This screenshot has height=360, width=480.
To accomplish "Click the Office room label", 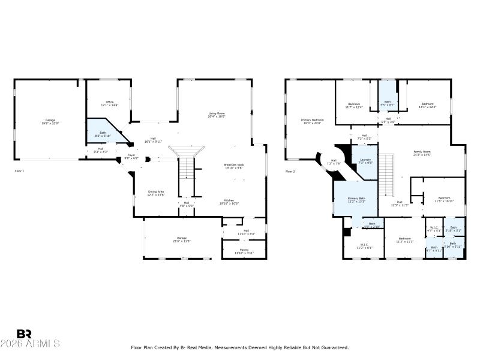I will coord(109,103).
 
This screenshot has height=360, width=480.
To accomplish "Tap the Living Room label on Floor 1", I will coord(217,115).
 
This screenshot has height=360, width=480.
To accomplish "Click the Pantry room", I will coord(244,251).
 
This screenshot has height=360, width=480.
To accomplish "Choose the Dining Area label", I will coord(156,193).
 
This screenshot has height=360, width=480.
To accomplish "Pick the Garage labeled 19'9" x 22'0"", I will coord(50,121).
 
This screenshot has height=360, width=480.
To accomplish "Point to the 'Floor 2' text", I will coord(290,171).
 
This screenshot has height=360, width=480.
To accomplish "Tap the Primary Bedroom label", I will coord(312,121).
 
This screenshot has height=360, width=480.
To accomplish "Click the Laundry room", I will coord(365,161).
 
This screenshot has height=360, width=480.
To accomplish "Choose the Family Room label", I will coord(422,153).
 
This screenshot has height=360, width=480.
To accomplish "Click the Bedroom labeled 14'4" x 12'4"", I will coord(427,105).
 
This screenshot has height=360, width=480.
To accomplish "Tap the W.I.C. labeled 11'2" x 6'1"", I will coord(364,245).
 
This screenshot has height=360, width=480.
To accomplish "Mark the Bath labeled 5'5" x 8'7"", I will coord(387,103).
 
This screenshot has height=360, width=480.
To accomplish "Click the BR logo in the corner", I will coord(24,334).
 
